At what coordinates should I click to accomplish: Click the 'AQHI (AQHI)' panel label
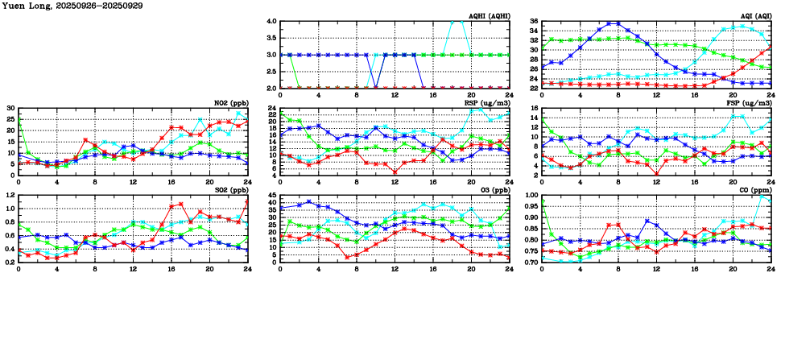click(x=489, y=16)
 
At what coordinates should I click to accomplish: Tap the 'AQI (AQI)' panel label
click(x=755, y=16)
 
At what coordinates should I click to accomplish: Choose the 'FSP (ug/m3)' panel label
click(x=750, y=102)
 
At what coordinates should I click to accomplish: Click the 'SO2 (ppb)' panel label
click(x=232, y=190)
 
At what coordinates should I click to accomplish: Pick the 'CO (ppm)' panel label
click(x=754, y=190)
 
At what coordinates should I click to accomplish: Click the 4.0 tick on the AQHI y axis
click(x=271, y=22)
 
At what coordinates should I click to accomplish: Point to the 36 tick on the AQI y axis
click(x=534, y=22)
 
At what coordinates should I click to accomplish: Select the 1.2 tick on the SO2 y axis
click(x=10, y=196)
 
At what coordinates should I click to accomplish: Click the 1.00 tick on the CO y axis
click(x=531, y=196)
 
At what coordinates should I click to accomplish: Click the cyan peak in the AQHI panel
click(x=457, y=22)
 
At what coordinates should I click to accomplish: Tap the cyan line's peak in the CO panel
click(x=762, y=196)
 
